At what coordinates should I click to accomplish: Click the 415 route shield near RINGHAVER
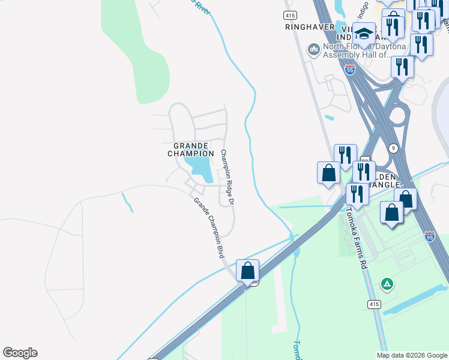[x=291, y=14]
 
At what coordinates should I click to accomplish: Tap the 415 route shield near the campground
[x=374, y=305]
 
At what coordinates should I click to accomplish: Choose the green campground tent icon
[x=388, y=283]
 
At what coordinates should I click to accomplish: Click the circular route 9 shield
[x=393, y=148]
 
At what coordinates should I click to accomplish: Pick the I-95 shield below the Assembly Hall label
[x=350, y=70]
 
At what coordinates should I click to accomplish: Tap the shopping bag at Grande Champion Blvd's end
[x=247, y=271]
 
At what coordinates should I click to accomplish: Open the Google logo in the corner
[x=20, y=353]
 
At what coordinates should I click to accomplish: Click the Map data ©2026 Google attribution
[x=412, y=355]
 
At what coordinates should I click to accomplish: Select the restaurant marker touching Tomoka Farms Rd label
[x=357, y=194]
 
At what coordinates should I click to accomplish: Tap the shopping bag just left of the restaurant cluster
[x=328, y=173]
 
